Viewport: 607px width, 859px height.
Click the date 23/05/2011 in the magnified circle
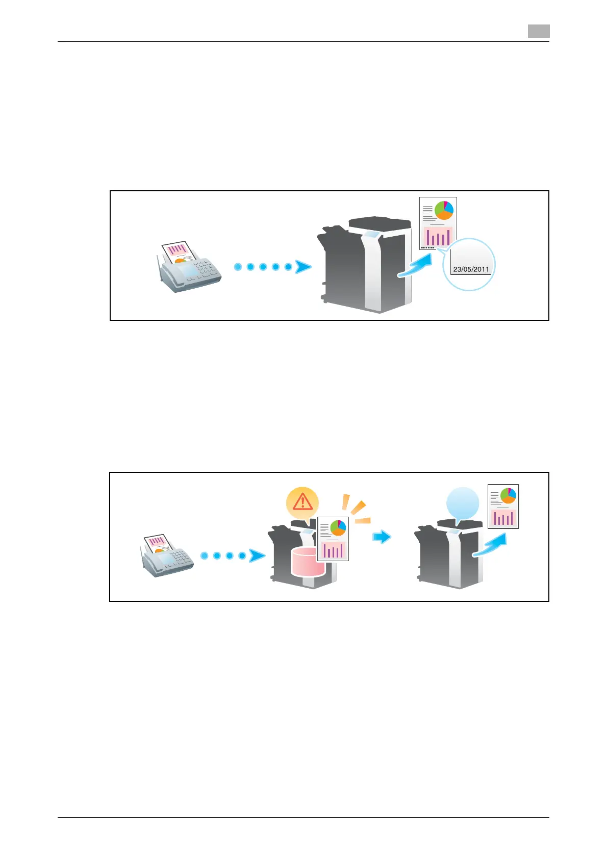(471, 269)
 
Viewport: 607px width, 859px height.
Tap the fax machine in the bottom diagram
(167, 559)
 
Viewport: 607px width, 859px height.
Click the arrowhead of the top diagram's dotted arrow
(303, 267)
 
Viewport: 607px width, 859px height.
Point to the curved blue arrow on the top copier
(416, 267)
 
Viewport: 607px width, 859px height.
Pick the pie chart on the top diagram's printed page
(444, 210)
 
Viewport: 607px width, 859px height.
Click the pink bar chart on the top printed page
(438, 236)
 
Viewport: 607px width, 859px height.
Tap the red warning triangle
(303, 502)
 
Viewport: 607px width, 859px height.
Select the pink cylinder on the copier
(307, 562)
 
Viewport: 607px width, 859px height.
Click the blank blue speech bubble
(463, 503)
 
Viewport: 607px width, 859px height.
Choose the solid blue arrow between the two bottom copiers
(382, 537)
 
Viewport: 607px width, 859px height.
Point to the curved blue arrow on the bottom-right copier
(490, 546)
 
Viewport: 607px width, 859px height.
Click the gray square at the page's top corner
(539, 31)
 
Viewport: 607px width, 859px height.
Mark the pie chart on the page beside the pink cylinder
(338, 528)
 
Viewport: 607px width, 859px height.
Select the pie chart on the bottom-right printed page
(508, 495)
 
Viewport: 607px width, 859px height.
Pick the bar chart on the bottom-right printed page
(503, 518)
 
